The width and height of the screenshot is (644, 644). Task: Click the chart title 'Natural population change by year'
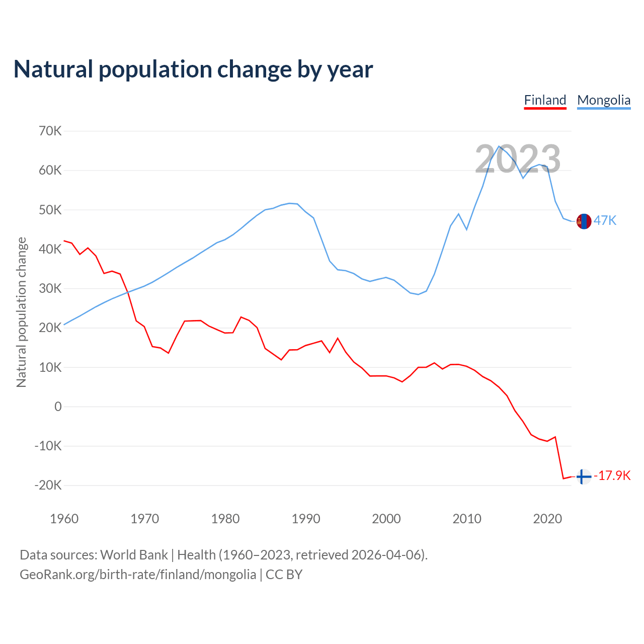pos(193,69)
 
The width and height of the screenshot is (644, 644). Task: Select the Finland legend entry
pos(545,100)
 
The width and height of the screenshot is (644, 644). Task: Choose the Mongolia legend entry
pos(604,100)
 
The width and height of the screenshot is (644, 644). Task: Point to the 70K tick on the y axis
pos(50,131)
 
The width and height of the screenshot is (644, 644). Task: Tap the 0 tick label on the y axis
pos(58,407)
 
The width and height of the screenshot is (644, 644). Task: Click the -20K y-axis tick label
pos(48,486)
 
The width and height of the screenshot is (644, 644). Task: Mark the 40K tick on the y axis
pos(50,250)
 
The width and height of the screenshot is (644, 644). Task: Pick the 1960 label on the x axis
pos(64,519)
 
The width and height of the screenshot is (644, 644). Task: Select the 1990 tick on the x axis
pos(306,519)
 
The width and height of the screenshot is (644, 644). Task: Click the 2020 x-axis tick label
pos(547,519)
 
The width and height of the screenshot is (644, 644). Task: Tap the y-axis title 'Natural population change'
pos(21,312)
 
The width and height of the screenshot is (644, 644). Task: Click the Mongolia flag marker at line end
pos(584,221)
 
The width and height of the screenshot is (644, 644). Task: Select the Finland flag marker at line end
pos(583,476)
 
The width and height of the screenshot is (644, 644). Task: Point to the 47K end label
pos(605,220)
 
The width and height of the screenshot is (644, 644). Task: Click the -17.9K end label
pos(612,475)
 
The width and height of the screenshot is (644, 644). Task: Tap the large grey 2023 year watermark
pos(518,159)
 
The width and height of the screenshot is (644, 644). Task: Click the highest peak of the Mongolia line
pos(499,146)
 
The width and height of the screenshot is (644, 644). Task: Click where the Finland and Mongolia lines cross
pos(127,292)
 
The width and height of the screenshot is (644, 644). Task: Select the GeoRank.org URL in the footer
pos(138,575)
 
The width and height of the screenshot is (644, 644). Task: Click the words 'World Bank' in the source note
pos(134,555)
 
